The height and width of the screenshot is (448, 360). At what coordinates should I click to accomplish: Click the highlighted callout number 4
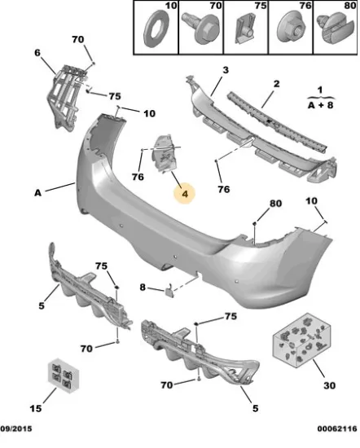[x=185, y=194]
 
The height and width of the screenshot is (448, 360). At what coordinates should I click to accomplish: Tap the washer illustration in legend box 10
[x=156, y=29]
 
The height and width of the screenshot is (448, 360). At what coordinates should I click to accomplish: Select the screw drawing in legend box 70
[x=201, y=29]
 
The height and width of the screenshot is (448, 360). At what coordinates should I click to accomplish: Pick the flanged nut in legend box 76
[x=292, y=29]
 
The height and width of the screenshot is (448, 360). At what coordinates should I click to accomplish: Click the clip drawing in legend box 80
[x=335, y=29]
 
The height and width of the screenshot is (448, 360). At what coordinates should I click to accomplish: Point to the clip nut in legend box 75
[x=245, y=29]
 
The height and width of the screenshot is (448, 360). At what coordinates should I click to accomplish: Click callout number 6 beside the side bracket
[x=37, y=53]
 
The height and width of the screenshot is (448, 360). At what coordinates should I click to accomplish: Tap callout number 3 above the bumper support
[x=226, y=70]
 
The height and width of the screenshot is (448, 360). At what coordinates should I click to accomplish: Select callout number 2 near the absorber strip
[x=276, y=84]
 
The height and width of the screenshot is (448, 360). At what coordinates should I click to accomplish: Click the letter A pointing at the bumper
[x=37, y=193]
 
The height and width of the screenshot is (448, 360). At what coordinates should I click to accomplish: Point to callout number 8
[x=143, y=288]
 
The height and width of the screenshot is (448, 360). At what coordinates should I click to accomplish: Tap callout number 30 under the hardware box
[x=329, y=385]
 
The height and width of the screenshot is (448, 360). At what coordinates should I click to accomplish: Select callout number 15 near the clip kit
[x=36, y=408]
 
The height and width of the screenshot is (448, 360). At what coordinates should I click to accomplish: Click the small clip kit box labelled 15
[x=64, y=376]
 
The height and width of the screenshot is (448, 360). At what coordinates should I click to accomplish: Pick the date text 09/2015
[x=16, y=428]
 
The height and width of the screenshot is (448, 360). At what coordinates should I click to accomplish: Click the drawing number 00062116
[x=337, y=428]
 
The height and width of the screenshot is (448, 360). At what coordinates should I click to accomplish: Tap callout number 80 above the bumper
[x=275, y=204]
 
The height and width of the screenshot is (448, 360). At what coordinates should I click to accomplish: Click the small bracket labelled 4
[x=165, y=154]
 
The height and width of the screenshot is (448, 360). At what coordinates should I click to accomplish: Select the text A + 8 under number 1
[x=320, y=105]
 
